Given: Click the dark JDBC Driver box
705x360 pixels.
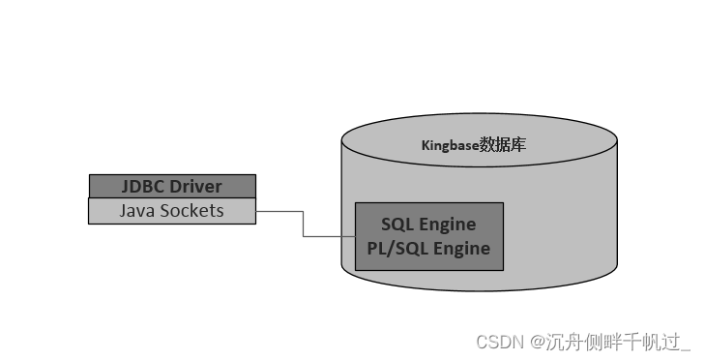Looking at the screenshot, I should [172, 186].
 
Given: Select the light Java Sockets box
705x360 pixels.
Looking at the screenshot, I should [172, 211].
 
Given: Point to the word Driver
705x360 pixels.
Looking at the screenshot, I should [196, 186].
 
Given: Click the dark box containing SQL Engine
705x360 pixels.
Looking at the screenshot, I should [429, 236].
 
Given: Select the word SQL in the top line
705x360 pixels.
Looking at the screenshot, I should [398, 225].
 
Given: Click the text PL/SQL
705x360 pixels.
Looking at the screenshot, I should [397, 249].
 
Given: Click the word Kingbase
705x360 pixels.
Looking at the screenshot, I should [451, 146].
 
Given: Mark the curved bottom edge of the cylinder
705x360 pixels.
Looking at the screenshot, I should [479, 290].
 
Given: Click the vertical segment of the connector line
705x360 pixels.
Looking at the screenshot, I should [304, 224].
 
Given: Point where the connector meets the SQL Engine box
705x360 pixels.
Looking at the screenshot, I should [355, 236].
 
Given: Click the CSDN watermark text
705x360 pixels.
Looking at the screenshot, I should [498, 342].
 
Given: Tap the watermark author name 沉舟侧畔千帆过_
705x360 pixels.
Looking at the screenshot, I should [618, 342].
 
